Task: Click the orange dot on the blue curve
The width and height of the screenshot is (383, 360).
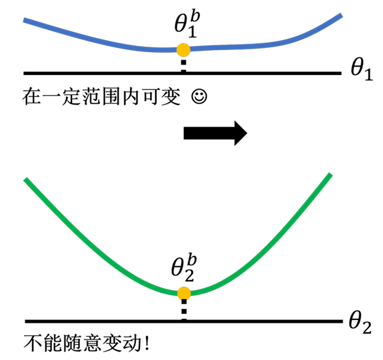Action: coord(184,50)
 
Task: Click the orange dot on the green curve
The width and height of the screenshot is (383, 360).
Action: coord(184,293)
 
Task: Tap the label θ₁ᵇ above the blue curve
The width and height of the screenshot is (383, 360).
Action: coord(187,25)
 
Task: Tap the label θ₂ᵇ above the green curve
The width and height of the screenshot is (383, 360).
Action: coord(184,268)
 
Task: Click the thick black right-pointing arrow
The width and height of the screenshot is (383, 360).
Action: coord(215,133)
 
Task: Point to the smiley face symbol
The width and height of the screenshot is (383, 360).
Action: coord(199,97)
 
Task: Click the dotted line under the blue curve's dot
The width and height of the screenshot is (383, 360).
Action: coord(184,64)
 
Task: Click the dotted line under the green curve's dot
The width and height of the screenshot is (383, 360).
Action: coord(184,310)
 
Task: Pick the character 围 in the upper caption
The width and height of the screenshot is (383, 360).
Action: coord(112,97)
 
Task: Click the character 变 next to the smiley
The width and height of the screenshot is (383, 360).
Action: coord(171,97)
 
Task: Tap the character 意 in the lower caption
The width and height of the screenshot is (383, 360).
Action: coord(93,343)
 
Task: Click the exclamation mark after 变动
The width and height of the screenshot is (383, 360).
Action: coord(147,343)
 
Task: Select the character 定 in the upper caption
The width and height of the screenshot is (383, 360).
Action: coord(72,97)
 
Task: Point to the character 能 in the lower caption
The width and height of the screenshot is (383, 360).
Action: coord(53,343)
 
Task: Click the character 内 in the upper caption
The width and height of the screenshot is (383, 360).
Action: coord(132,97)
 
